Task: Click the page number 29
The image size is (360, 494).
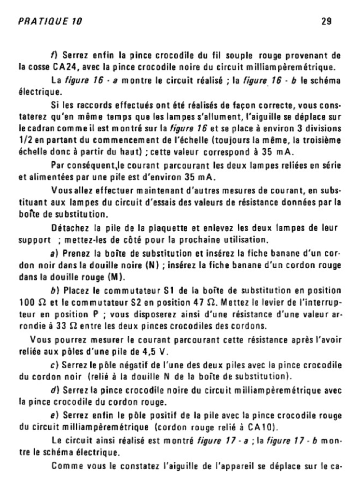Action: (x=325, y=21)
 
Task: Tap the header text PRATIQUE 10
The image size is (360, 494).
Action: (x=50, y=21)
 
